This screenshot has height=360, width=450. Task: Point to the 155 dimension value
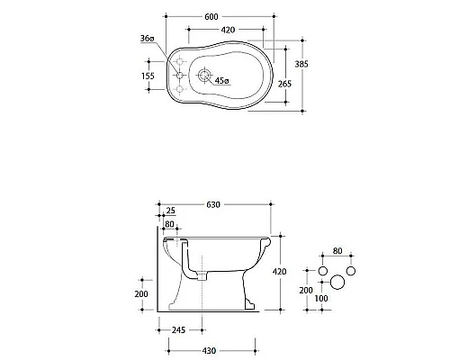147,77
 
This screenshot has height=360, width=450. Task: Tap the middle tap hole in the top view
180,76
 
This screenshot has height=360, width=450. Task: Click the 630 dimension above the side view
213,205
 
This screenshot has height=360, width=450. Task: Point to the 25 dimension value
172,213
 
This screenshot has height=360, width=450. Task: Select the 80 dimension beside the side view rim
169,225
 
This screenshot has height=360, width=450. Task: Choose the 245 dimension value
180,330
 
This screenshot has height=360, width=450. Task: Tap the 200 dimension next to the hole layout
307,291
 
